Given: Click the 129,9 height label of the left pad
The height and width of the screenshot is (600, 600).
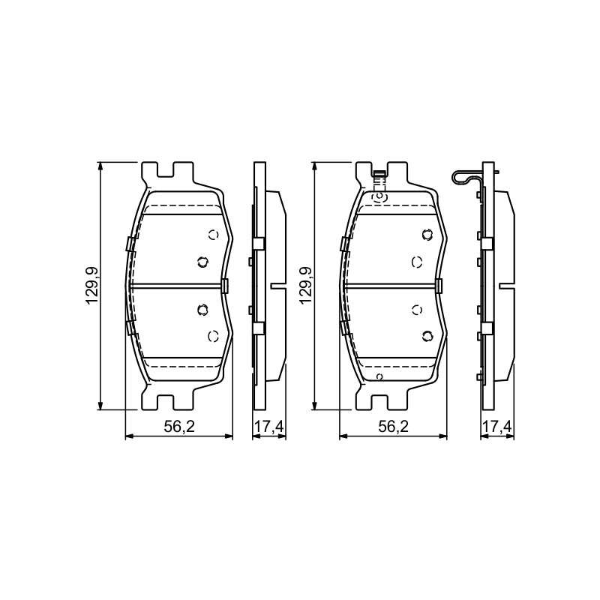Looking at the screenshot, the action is point(92,286).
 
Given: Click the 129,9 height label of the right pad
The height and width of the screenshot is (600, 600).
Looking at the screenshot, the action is point(306,286).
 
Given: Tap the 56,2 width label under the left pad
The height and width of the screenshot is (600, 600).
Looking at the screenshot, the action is point(179,427).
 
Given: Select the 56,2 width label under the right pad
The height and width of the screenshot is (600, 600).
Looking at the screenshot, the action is point(393,427).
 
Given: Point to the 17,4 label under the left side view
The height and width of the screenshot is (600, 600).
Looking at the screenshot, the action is point(269,427).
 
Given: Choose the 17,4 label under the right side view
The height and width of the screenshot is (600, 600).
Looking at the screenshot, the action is point(497,427).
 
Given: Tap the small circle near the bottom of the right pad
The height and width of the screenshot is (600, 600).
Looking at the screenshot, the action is point(379,376).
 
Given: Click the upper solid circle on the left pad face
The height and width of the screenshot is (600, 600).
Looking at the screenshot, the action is point(202,262).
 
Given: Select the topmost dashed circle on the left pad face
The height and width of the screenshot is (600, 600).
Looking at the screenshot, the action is point(213,235).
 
